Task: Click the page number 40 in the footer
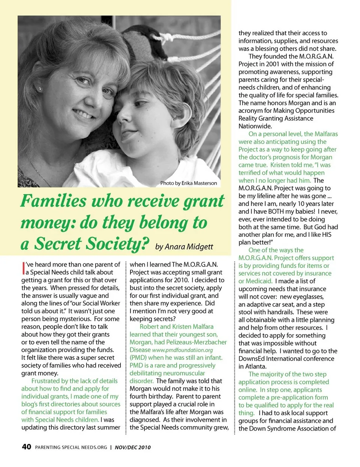(x=26, y=447)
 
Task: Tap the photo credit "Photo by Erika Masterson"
(x=189, y=183)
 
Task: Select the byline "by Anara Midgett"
(x=184, y=247)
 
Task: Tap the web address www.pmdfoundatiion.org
(x=183, y=350)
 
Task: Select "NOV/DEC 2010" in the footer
(x=133, y=447)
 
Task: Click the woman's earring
(x=39, y=89)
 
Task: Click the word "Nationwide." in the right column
(x=255, y=126)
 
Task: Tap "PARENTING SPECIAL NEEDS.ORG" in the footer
(x=71, y=447)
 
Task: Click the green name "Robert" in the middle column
(x=149, y=327)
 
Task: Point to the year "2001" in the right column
(x=273, y=64)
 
